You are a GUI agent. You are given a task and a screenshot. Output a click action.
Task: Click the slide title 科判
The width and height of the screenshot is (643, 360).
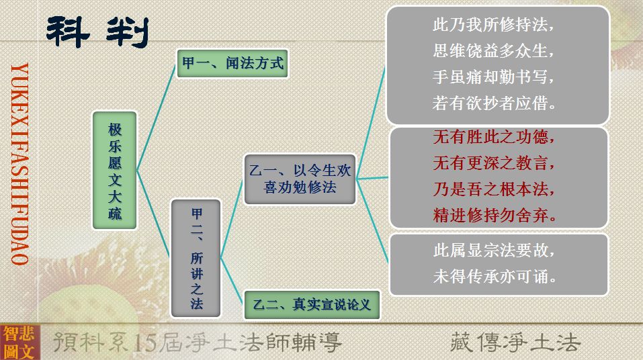point(97,32)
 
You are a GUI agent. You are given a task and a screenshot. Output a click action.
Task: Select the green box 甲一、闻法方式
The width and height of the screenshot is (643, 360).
point(232,64)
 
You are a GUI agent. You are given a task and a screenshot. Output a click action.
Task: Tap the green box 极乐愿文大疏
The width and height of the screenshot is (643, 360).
point(115,170)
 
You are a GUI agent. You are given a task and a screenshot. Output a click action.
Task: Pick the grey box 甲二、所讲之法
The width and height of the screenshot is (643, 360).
point(196,259)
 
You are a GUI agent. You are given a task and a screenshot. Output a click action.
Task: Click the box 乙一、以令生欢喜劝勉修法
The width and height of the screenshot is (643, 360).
point(300,179)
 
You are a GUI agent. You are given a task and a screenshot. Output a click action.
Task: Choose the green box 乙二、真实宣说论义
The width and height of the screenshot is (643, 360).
point(312,305)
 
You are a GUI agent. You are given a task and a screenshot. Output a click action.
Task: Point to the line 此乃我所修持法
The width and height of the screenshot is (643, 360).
point(493,25)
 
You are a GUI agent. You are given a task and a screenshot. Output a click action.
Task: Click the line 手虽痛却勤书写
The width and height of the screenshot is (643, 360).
point(493,77)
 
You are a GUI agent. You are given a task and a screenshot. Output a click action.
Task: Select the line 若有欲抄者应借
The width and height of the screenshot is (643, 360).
point(494,103)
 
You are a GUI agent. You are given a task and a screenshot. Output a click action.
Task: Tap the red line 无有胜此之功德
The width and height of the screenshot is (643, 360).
point(494,136)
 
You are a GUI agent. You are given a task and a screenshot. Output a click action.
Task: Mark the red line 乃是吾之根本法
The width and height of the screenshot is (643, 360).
point(494,189)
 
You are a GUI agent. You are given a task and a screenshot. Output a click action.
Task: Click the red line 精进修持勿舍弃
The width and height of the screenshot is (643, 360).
point(495,215)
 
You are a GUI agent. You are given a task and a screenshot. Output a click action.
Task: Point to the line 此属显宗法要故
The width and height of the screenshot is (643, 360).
point(494,250)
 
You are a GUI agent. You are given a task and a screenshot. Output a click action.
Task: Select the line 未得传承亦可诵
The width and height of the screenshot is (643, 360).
point(495,276)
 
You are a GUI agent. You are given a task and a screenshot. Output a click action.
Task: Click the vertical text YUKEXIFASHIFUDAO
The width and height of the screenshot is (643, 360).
point(19,164)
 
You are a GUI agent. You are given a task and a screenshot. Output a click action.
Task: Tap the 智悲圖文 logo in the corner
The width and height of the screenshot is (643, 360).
point(19,343)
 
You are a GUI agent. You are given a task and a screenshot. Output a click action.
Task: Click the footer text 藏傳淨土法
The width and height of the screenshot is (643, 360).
point(515,342)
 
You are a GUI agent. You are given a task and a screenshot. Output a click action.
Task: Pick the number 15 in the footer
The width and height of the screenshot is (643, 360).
point(146,343)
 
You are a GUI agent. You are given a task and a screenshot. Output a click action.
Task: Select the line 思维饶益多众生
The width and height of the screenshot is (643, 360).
point(493,51)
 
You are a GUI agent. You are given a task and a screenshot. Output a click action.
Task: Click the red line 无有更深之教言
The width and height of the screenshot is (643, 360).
point(494,163)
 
